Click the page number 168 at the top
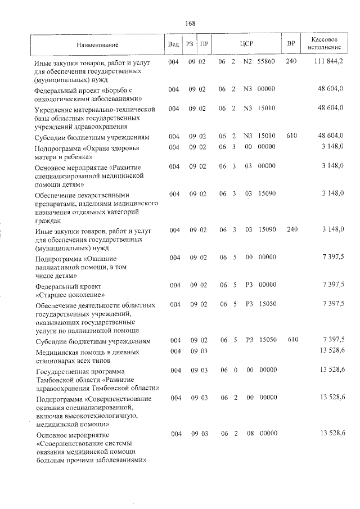(190, 23)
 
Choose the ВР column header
(291, 44)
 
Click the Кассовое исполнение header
(323, 44)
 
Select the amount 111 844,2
(329, 61)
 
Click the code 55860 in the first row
(266, 61)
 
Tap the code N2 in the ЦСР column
(247, 61)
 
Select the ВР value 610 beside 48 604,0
(291, 136)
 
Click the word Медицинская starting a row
(56, 352)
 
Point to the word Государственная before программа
(64, 371)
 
